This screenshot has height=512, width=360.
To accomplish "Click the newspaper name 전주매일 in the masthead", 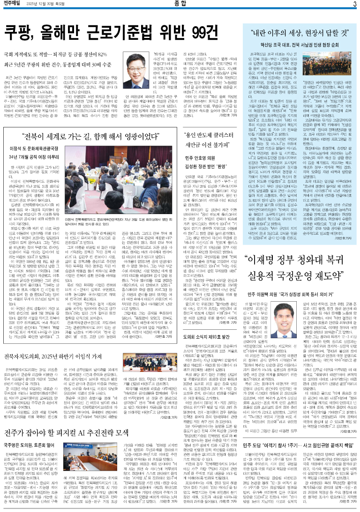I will [x=13, y=4].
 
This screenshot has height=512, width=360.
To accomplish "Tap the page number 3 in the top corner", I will [x=354, y=4].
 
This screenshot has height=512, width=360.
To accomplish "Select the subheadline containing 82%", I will [x=57, y=53].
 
